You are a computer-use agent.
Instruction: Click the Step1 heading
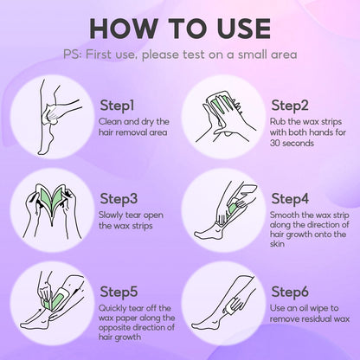pos(117,106)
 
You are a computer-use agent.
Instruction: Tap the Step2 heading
pos(290,106)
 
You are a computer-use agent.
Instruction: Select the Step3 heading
pos(119,199)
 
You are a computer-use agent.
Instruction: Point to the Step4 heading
pos(290,199)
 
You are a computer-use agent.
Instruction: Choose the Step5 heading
pos(119,292)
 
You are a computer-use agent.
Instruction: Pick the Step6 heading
pos(290,292)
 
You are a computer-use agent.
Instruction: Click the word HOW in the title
pos(124,29)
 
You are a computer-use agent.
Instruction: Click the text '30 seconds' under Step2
pos(292,143)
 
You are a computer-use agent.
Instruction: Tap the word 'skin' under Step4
pos(277,244)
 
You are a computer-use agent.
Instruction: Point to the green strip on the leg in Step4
pos(233,210)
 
